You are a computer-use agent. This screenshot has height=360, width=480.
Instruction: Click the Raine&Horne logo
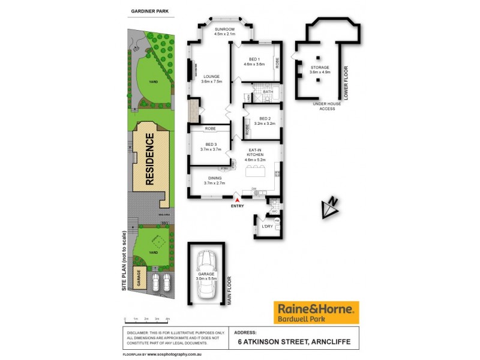(316, 312)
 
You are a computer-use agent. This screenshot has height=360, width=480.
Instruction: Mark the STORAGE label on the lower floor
(320, 68)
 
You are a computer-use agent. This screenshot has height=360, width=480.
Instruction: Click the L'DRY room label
(266, 226)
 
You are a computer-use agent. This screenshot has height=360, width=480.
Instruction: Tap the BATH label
(268, 92)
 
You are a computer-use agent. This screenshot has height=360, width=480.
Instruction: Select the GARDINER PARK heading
(149, 11)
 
